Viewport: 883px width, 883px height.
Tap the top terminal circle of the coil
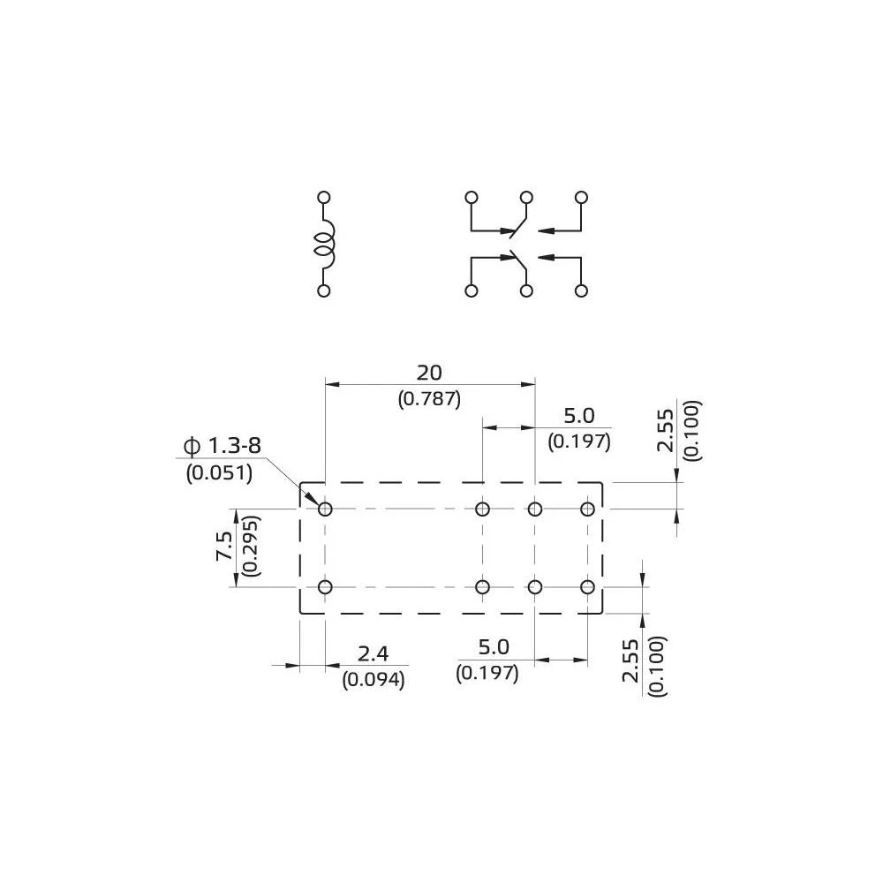pos(324,197)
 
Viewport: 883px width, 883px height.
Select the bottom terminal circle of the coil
pos(324,291)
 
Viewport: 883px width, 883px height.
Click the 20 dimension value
pos(429,373)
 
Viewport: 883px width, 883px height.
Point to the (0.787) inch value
pos(429,398)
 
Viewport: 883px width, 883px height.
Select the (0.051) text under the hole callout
pos(219,472)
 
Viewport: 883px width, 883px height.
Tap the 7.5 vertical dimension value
pos(224,547)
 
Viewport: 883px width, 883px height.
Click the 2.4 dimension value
pos(373,654)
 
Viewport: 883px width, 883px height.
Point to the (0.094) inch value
pos(373,679)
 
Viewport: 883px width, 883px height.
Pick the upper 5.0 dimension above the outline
pos(579,416)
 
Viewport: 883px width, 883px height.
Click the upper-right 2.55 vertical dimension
pos(667,431)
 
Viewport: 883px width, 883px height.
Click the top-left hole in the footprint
pos(325,509)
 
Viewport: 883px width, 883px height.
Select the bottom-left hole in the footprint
pos(325,587)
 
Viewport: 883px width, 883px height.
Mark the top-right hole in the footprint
pos(587,509)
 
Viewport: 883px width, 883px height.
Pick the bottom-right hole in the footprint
pos(587,587)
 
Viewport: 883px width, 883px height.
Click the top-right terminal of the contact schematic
pos(581,197)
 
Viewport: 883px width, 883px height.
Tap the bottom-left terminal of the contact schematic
pos(472,291)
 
